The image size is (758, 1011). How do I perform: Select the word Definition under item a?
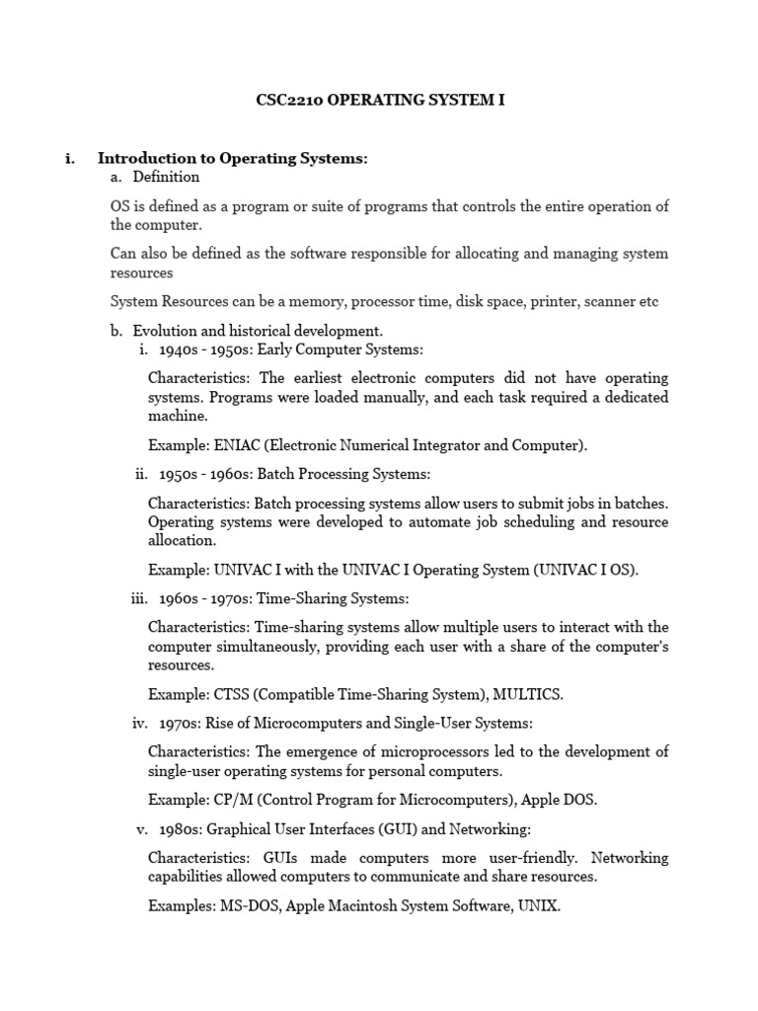point(166,177)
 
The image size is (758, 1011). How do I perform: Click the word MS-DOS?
point(251,903)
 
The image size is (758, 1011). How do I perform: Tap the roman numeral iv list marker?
point(139,723)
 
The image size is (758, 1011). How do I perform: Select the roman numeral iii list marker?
point(138,598)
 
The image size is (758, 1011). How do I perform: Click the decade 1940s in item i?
point(178,350)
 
